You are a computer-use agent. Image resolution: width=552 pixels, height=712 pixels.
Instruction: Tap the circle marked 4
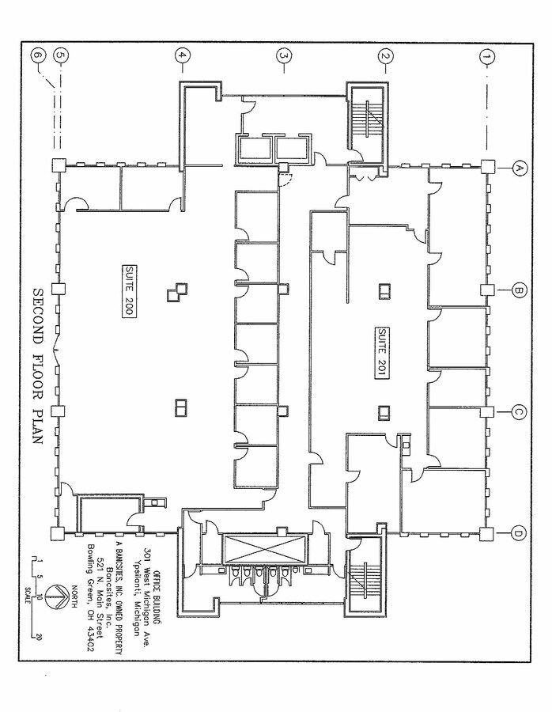[183, 56]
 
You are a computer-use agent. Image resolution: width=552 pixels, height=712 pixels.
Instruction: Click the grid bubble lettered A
[520, 168]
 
